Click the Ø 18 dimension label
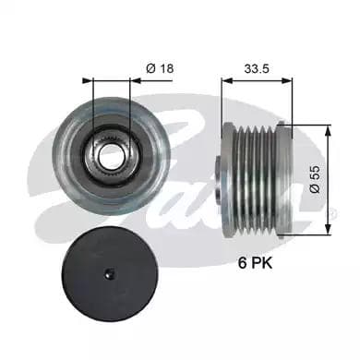pyautogui.click(x=160, y=68)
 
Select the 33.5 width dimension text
pyautogui.click(x=257, y=68)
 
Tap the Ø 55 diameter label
pyautogui.click(x=315, y=179)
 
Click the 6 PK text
pyautogui.click(x=255, y=263)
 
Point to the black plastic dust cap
pyautogui.click(x=110, y=274)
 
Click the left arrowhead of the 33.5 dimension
pyautogui.click(x=227, y=81)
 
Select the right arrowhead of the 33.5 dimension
pyautogui.click(x=287, y=81)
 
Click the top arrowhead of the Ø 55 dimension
pyautogui.click(x=328, y=130)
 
